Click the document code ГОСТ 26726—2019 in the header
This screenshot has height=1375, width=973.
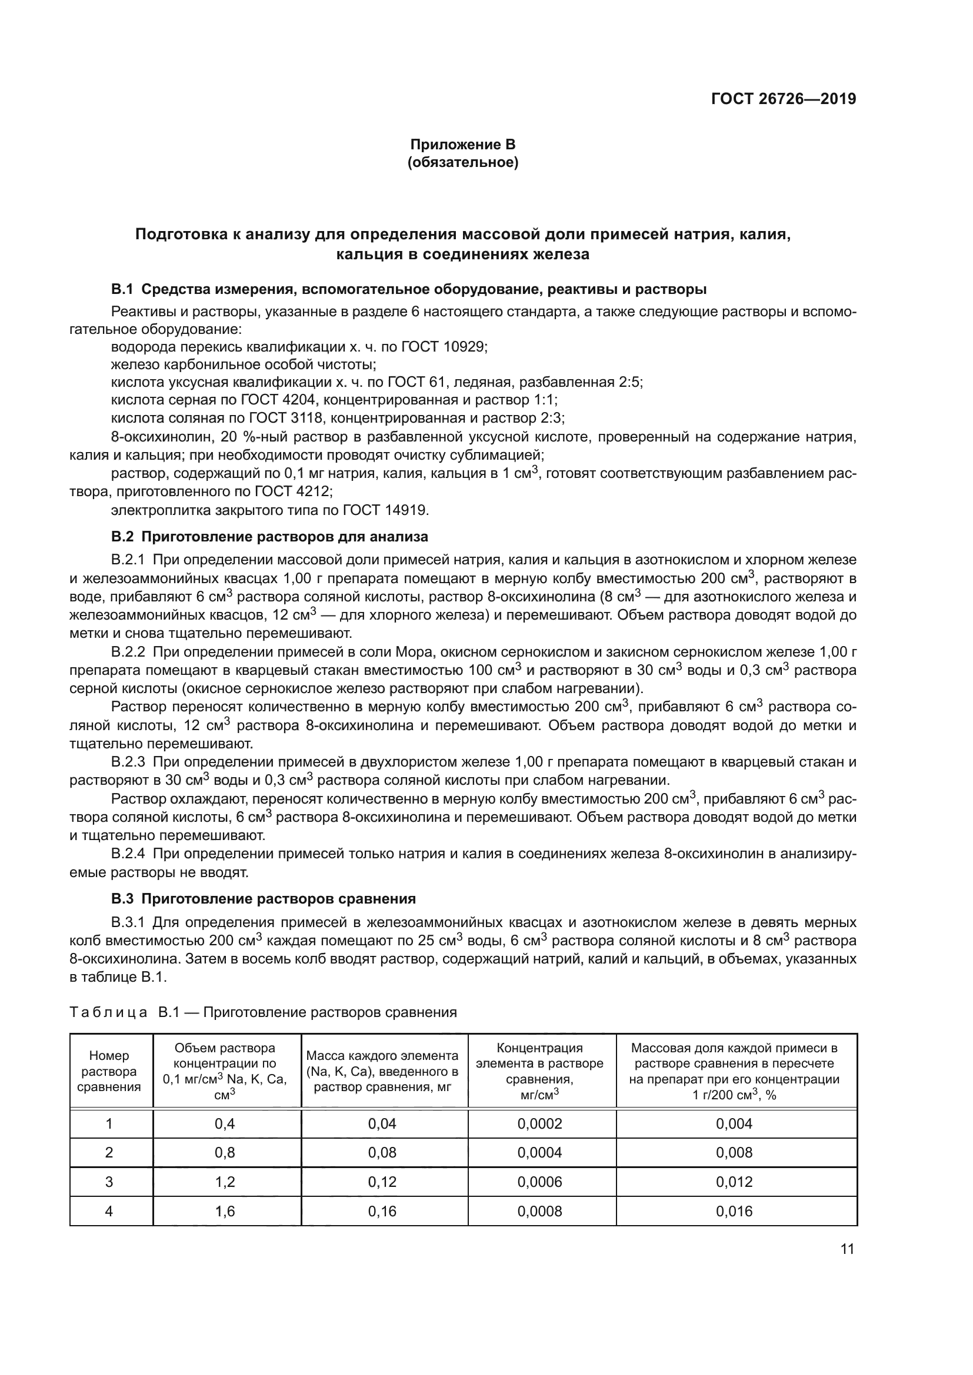pyautogui.click(x=783, y=99)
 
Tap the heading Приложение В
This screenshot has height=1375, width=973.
pyautogui.click(x=462, y=145)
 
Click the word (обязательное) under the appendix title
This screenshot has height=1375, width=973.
pyautogui.click(x=462, y=162)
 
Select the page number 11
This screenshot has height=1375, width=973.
pyautogui.click(x=847, y=1249)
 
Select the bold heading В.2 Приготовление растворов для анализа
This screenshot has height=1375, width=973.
pyautogui.click(x=269, y=537)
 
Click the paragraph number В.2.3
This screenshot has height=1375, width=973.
pyautogui.click(x=128, y=762)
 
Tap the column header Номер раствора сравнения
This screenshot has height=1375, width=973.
pyautogui.click(x=109, y=1070)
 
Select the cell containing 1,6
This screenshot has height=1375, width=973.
pyautogui.click(x=225, y=1211)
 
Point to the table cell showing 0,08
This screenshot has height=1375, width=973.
pyautogui.click(x=382, y=1152)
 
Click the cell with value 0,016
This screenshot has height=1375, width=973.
pyautogui.click(x=734, y=1211)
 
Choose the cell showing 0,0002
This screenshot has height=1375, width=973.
pyautogui.click(x=540, y=1123)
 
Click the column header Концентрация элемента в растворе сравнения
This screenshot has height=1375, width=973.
pyautogui.click(x=540, y=1070)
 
